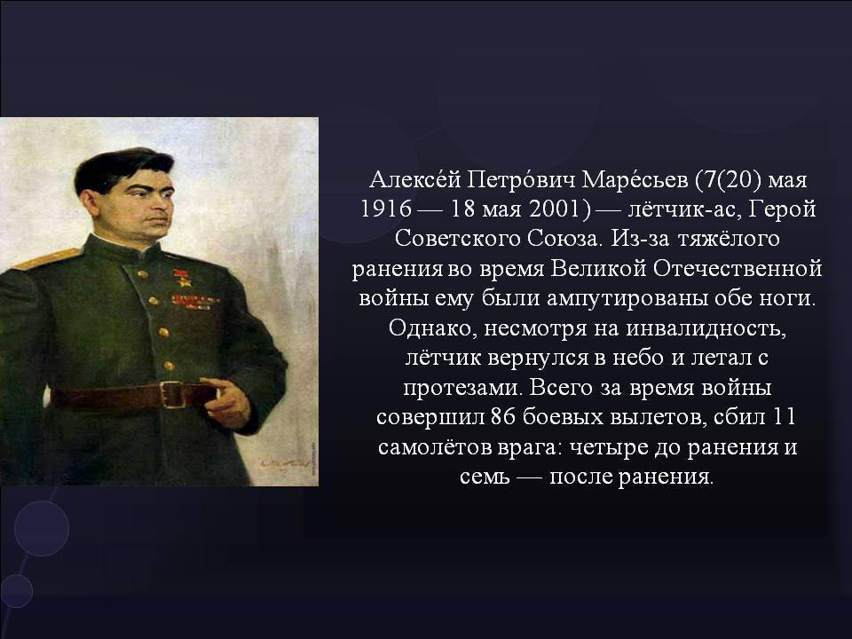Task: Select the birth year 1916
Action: (386, 209)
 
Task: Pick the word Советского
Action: (457, 239)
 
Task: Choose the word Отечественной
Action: (737, 268)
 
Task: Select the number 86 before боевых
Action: (502, 417)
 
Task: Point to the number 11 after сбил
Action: (783, 417)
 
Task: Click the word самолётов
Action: (434, 447)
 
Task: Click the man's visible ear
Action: (89, 203)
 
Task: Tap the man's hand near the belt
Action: (228, 401)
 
